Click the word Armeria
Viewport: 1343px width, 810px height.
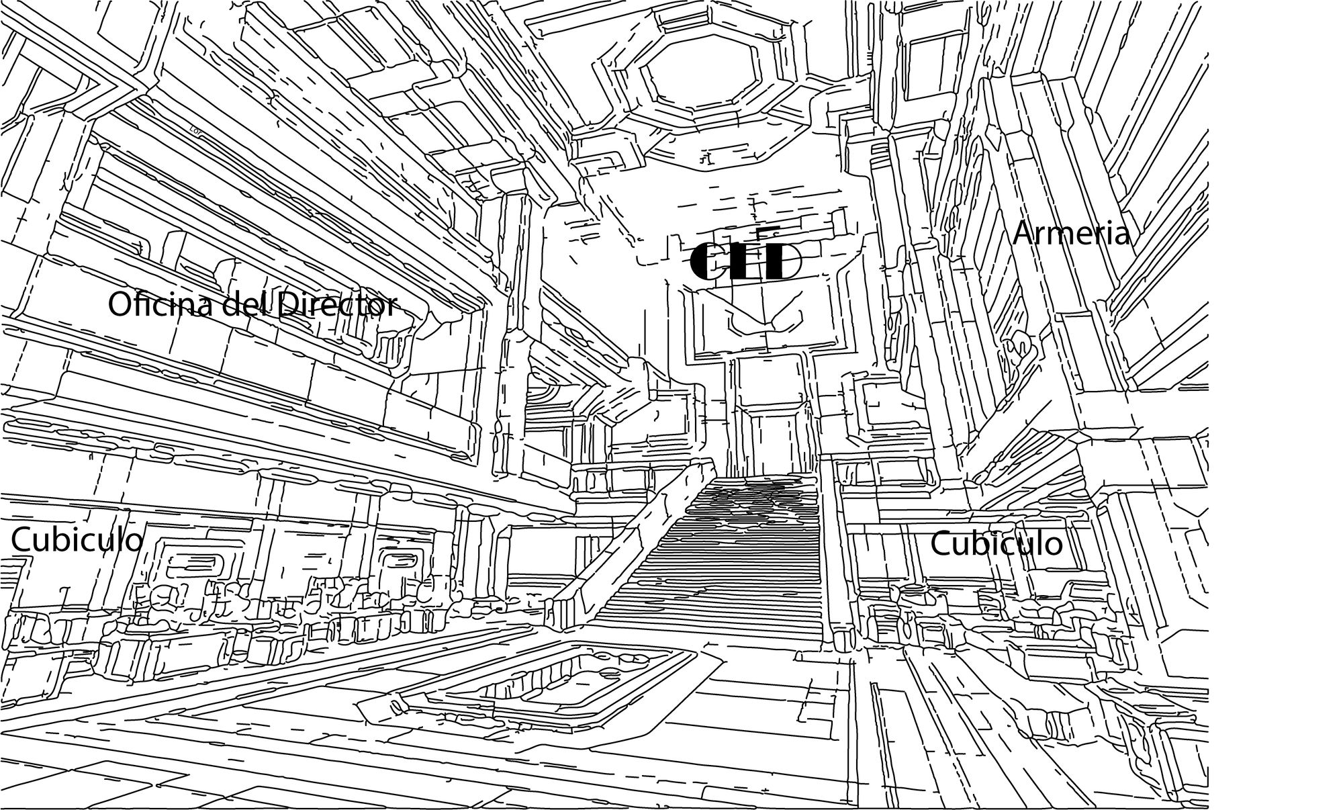click(1071, 234)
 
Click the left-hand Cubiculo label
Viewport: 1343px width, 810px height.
click(77, 540)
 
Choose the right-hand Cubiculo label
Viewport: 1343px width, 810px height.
click(996, 543)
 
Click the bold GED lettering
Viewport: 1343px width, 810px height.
click(746, 261)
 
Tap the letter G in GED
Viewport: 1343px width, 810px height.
click(707, 261)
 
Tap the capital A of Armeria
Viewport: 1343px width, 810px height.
click(1025, 234)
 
